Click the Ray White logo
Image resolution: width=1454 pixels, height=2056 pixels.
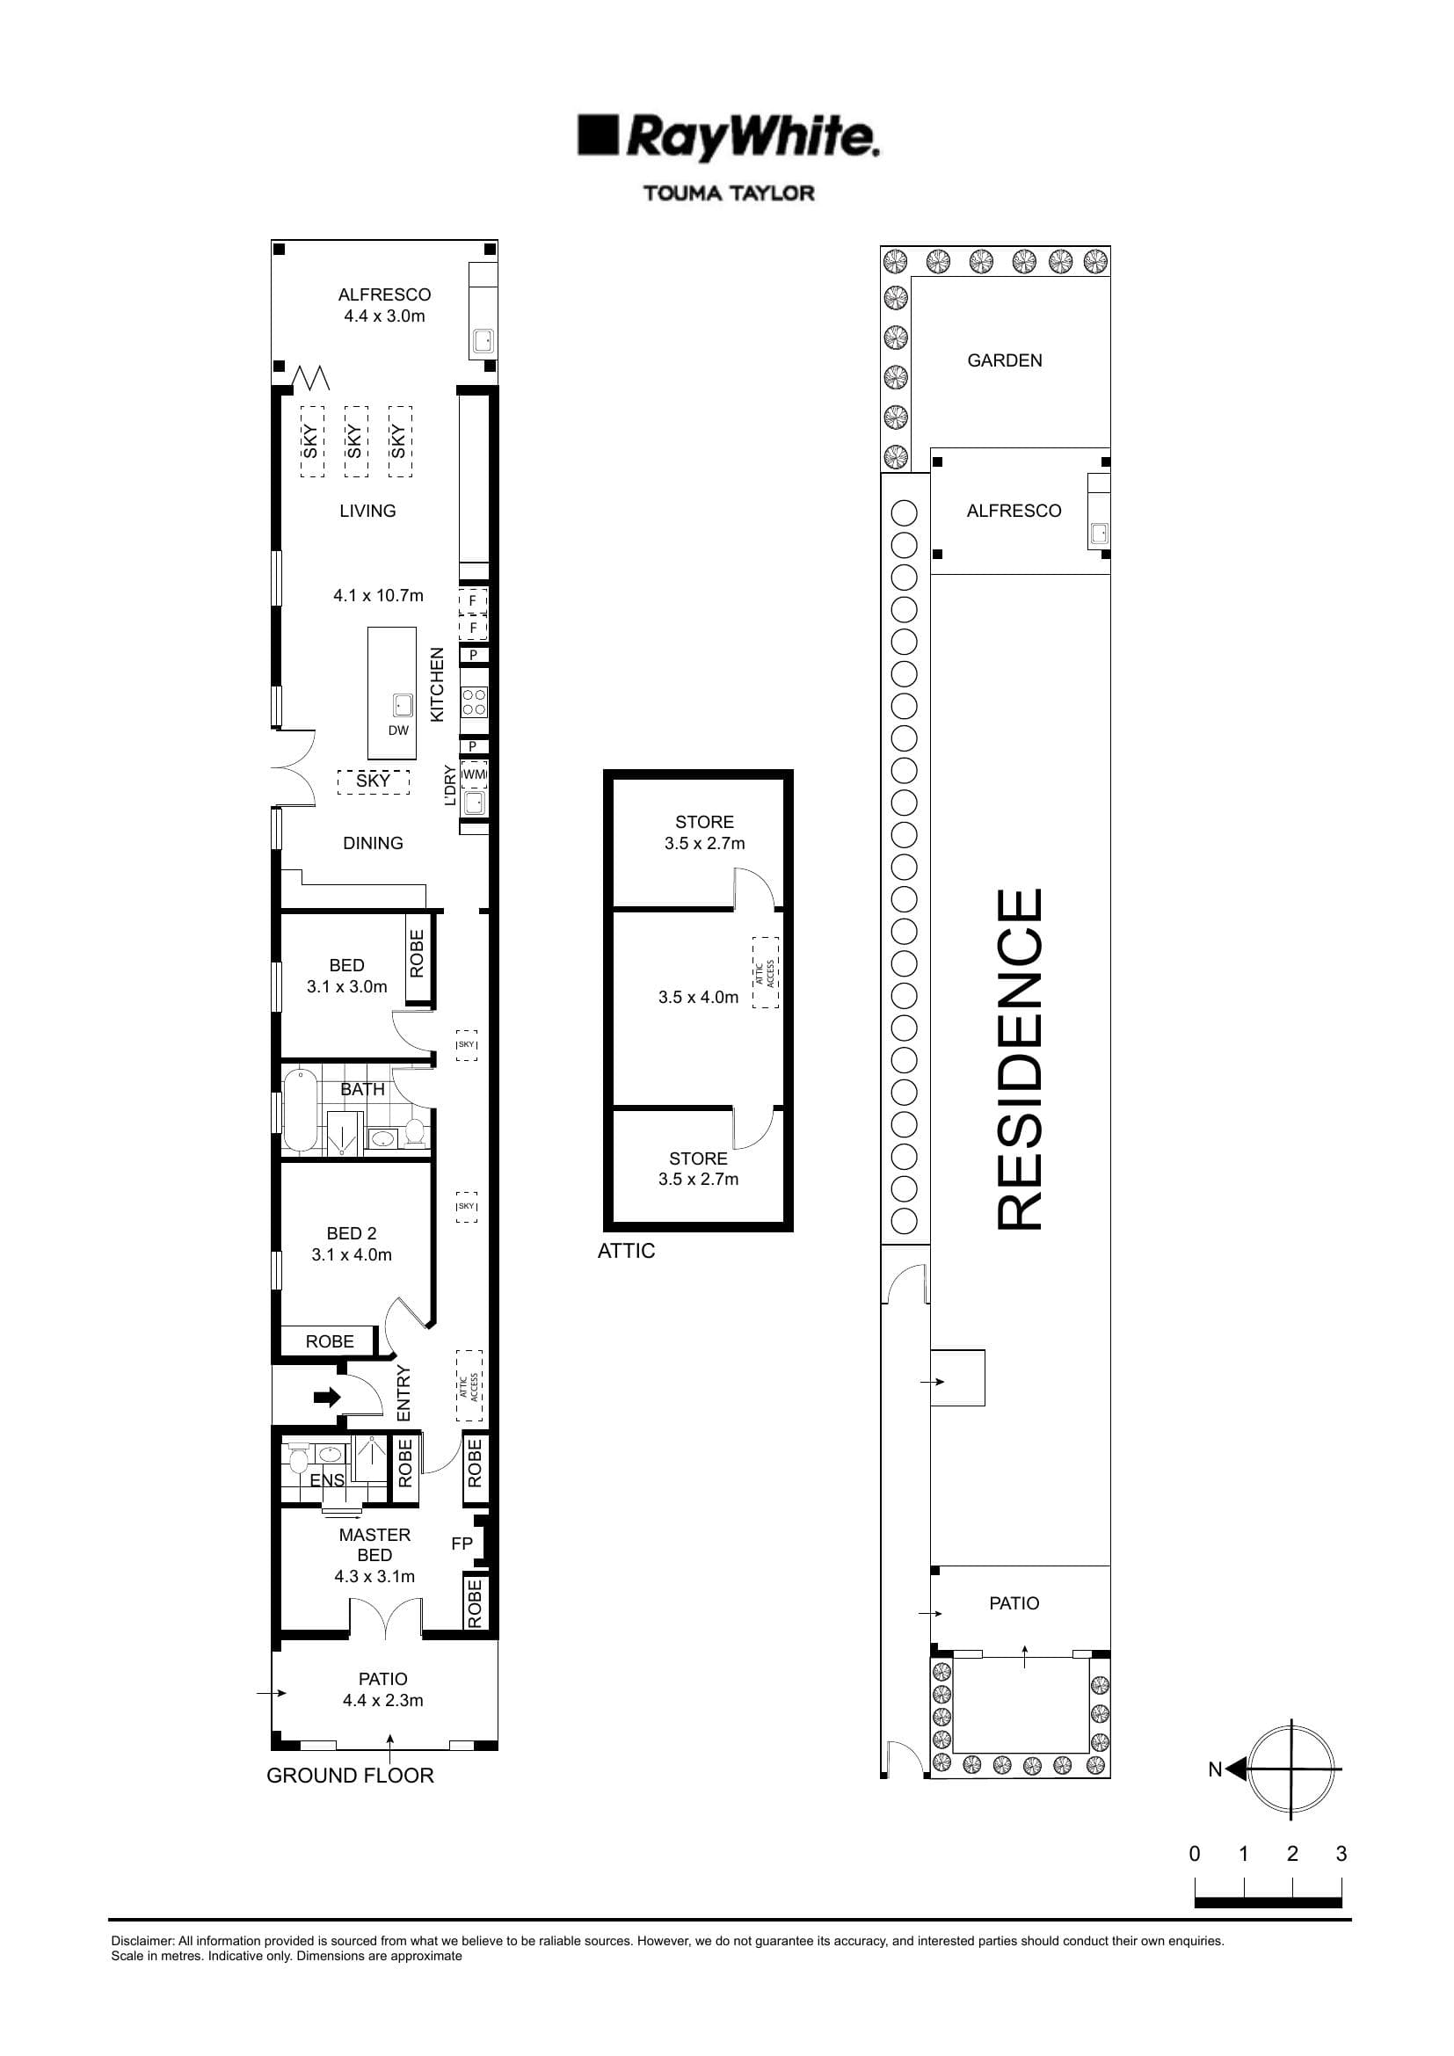click(x=728, y=137)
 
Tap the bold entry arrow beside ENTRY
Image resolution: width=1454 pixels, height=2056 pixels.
click(x=328, y=1396)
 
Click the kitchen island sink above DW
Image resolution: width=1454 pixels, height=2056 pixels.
click(x=403, y=706)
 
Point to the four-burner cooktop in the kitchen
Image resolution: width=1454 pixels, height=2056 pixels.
click(x=474, y=702)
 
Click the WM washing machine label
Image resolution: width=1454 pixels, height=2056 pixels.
click(x=474, y=774)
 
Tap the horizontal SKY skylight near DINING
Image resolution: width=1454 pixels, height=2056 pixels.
click(x=374, y=781)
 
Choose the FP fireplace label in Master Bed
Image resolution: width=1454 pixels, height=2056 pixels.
click(x=462, y=1544)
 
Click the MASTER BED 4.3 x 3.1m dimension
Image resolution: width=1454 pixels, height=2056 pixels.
click(x=374, y=1576)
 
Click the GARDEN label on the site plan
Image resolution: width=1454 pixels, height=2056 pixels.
click(x=1005, y=360)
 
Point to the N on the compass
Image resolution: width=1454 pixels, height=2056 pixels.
click(x=1214, y=1769)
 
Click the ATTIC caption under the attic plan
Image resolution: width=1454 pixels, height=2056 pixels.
click(x=626, y=1251)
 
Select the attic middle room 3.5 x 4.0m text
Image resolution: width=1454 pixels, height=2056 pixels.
click(x=698, y=997)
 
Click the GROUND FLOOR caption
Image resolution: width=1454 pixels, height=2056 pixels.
click(x=350, y=1776)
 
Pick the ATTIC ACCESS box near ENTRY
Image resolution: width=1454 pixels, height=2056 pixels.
click(x=469, y=1386)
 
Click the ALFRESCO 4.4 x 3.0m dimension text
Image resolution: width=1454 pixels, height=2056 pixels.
click(x=384, y=316)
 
